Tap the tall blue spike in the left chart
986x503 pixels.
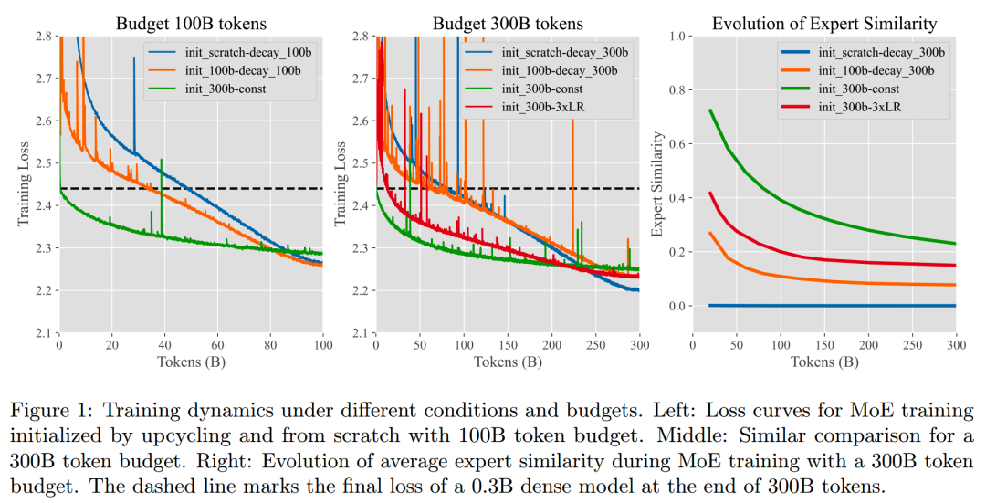click(133, 59)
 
